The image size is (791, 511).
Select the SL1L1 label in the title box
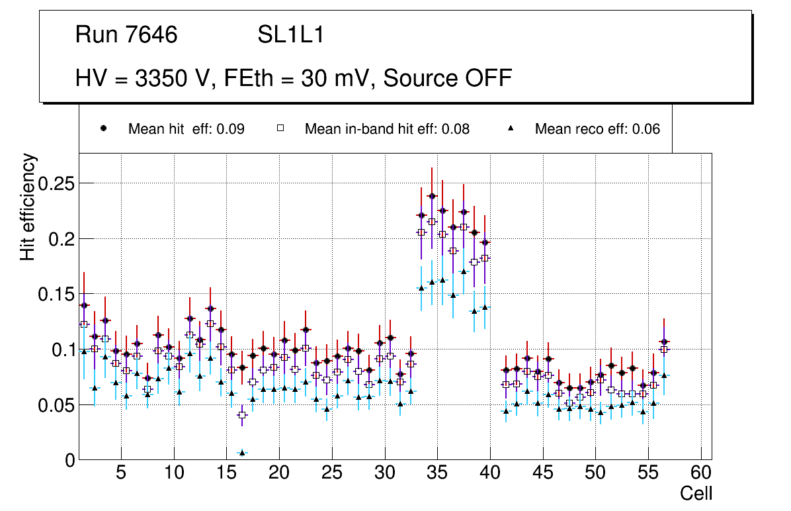[x=291, y=35]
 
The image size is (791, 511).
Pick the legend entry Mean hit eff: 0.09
[x=186, y=129]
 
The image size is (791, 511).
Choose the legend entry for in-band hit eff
[x=387, y=129]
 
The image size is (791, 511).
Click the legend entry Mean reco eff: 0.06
[x=597, y=129]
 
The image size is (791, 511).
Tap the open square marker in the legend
[x=280, y=128]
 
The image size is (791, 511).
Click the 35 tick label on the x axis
[x=437, y=473]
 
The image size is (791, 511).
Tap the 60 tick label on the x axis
[x=701, y=473]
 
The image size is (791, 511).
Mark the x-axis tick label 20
[x=279, y=473]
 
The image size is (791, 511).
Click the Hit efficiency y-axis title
[x=27, y=207]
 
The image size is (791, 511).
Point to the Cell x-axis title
[x=696, y=494]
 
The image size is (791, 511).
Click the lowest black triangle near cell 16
[x=242, y=453]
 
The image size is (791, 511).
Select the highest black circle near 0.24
[x=432, y=196]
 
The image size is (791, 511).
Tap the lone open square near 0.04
[x=242, y=415]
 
